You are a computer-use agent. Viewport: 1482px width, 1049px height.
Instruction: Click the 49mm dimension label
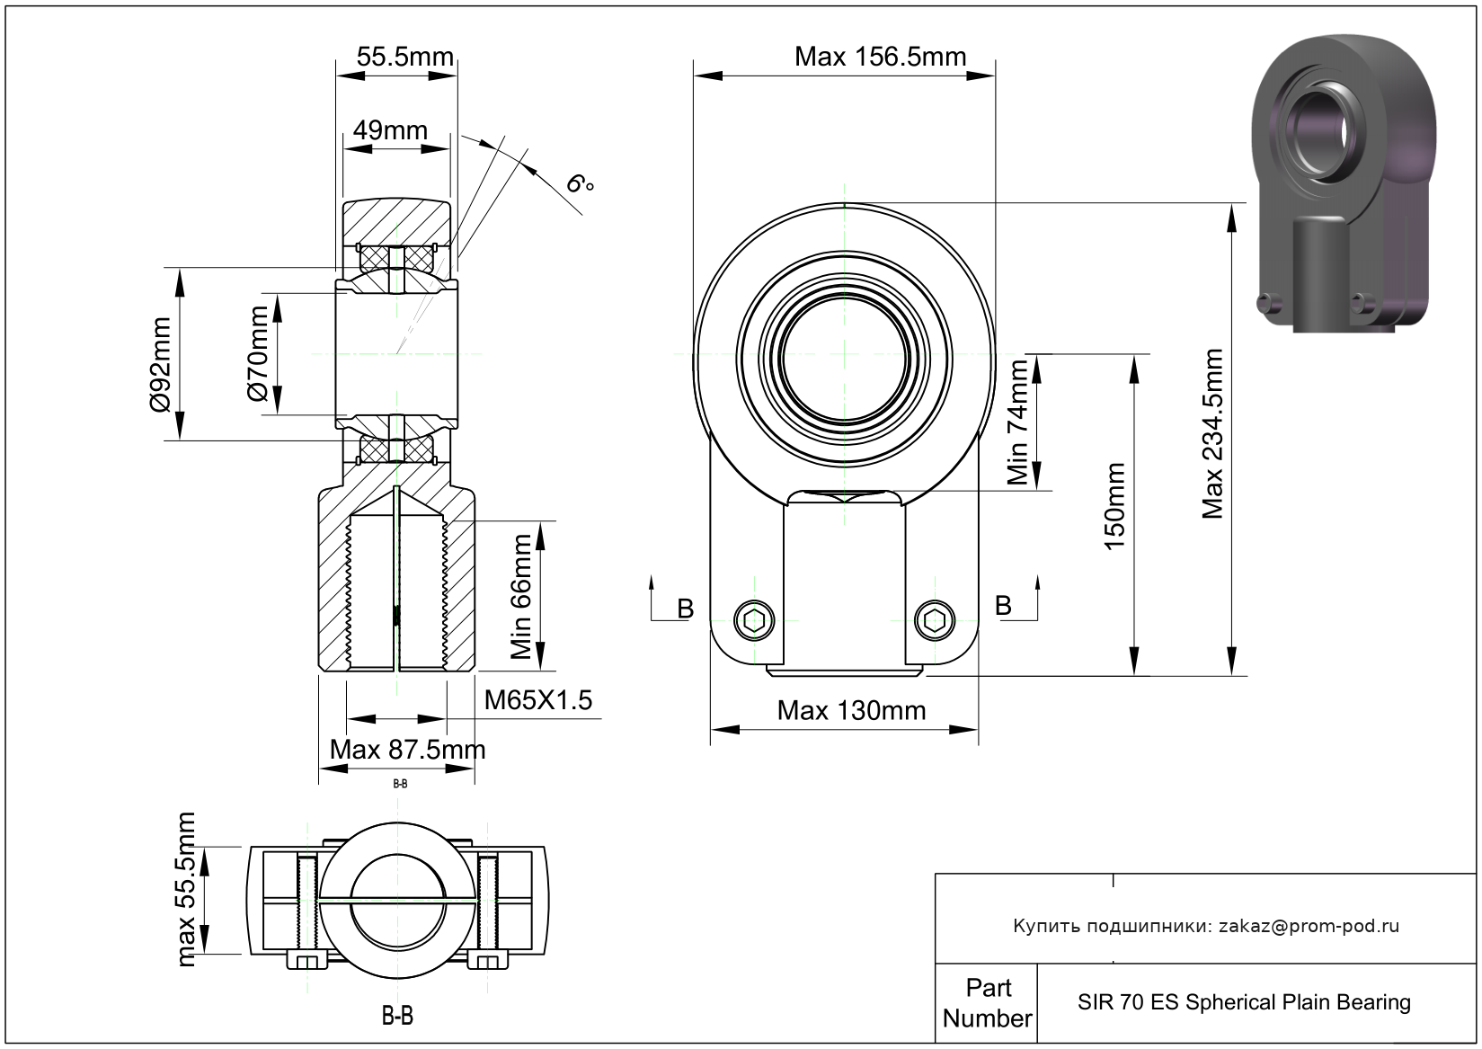coord(390,130)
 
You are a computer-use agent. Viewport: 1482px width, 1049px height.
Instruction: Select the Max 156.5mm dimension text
coord(880,58)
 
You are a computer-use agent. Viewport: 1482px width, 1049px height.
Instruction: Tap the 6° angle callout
coord(580,184)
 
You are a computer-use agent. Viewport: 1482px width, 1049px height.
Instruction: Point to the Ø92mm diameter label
coord(160,365)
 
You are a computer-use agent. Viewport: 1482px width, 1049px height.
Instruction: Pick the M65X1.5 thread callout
coord(538,700)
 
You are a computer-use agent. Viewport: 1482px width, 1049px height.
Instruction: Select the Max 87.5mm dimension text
coord(407,749)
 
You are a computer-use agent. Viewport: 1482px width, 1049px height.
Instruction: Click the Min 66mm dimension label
coord(521,597)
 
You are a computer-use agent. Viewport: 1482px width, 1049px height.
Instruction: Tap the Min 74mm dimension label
coord(1017,422)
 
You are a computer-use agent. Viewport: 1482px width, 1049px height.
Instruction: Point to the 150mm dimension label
coord(1114,507)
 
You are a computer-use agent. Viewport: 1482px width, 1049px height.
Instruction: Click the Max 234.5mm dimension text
coord(1213,434)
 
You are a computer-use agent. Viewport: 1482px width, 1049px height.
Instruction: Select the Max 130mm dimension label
coord(851,711)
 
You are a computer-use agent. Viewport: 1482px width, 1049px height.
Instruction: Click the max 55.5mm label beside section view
coord(186,890)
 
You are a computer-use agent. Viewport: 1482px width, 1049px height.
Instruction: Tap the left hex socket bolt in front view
coord(753,619)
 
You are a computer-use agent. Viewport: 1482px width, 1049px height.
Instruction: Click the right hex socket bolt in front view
coord(935,619)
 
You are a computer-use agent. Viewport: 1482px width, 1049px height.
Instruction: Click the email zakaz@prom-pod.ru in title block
coord(1309,926)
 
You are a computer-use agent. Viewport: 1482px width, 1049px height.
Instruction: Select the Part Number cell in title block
coord(987,1003)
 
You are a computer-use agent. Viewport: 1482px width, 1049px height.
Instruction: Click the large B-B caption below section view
coord(397,1017)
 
